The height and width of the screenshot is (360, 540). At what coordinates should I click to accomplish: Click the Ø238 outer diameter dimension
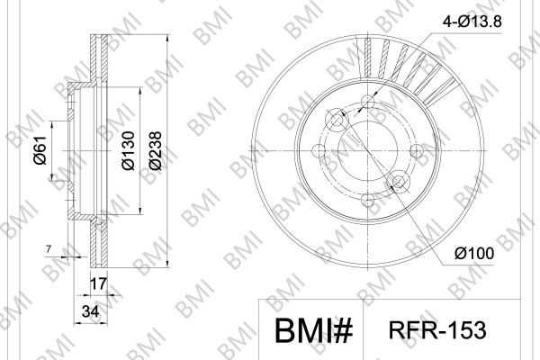click(x=156, y=150)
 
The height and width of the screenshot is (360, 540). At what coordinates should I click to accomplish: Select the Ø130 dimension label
click(x=128, y=150)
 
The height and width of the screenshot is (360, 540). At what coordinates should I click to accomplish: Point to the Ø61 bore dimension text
click(x=40, y=150)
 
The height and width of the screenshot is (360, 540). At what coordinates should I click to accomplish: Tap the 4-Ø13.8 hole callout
click(x=472, y=22)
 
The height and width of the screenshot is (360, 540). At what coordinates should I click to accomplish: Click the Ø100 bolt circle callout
click(x=474, y=254)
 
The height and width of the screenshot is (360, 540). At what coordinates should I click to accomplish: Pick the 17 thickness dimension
click(x=98, y=284)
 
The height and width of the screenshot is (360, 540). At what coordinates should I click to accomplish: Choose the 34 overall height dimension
click(x=91, y=311)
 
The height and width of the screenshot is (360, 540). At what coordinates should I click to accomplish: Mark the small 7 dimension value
click(x=49, y=248)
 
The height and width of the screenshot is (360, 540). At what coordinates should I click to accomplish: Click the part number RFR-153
click(x=437, y=330)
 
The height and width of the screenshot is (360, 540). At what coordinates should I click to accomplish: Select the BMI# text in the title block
click(x=314, y=330)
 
